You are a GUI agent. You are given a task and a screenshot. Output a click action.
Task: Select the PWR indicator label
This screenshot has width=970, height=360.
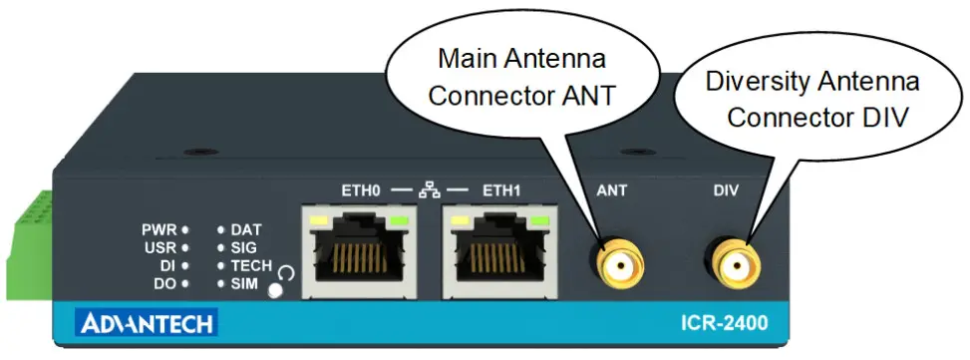159,229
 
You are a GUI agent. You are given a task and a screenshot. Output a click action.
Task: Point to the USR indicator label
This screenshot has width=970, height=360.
159,247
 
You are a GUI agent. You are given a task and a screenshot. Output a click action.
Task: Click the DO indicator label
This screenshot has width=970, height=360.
163,284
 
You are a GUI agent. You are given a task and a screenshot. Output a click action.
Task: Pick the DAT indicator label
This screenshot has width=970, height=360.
246,229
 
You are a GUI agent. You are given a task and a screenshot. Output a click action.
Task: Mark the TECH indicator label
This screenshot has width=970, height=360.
251,266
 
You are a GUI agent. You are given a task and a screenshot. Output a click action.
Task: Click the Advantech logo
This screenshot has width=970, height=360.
147,324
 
